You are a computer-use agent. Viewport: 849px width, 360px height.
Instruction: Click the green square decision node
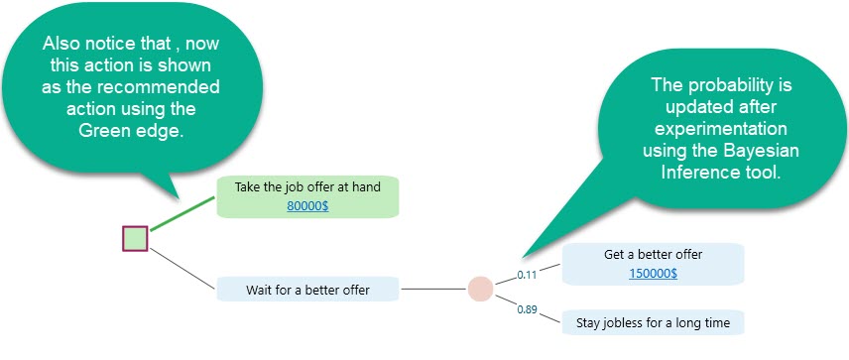pyautogui.click(x=135, y=239)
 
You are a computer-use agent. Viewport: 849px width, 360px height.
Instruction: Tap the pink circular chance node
pyautogui.click(x=480, y=289)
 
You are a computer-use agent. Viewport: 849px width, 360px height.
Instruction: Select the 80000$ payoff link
pyautogui.click(x=306, y=205)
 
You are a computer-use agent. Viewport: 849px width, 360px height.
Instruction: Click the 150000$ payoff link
pyautogui.click(x=653, y=273)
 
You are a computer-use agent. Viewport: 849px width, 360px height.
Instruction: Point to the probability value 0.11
pyautogui.click(x=527, y=274)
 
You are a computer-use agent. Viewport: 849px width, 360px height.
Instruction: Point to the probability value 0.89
pyautogui.click(x=527, y=309)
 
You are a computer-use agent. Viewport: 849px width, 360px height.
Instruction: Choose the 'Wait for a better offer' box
pyautogui.click(x=307, y=290)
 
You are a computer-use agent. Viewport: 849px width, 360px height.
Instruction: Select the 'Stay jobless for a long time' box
pyautogui.click(x=653, y=322)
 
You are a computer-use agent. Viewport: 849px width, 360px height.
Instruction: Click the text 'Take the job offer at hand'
pyautogui.click(x=306, y=186)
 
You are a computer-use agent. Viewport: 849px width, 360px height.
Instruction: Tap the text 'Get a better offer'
pyautogui.click(x=653, y=254)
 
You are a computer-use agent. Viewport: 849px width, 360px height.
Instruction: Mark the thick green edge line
pyautogui.click(x=182, y=212)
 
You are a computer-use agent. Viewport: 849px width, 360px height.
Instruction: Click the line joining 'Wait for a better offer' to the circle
pyautogui.click(x=432, y=290)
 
